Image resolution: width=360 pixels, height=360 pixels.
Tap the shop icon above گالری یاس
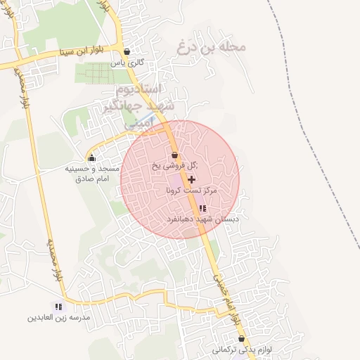click(127, 51)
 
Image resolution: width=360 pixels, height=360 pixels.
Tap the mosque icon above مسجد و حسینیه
click(91, 157)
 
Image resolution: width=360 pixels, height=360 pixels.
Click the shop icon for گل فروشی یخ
click(174, 155)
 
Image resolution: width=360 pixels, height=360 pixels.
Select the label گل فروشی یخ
click(174, 167)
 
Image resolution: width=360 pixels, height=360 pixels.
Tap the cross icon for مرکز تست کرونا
click(192, 180)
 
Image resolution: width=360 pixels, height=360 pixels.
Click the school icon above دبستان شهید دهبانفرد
click(202, 208)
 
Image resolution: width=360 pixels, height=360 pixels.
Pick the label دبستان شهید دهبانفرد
click(202, 219)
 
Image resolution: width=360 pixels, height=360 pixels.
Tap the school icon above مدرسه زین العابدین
click(58, 307)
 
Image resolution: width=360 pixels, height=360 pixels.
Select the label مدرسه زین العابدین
click(59, 318)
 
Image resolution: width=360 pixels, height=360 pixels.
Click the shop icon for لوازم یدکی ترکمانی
click(241, 338)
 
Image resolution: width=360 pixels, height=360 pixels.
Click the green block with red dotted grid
click(102, 72)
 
